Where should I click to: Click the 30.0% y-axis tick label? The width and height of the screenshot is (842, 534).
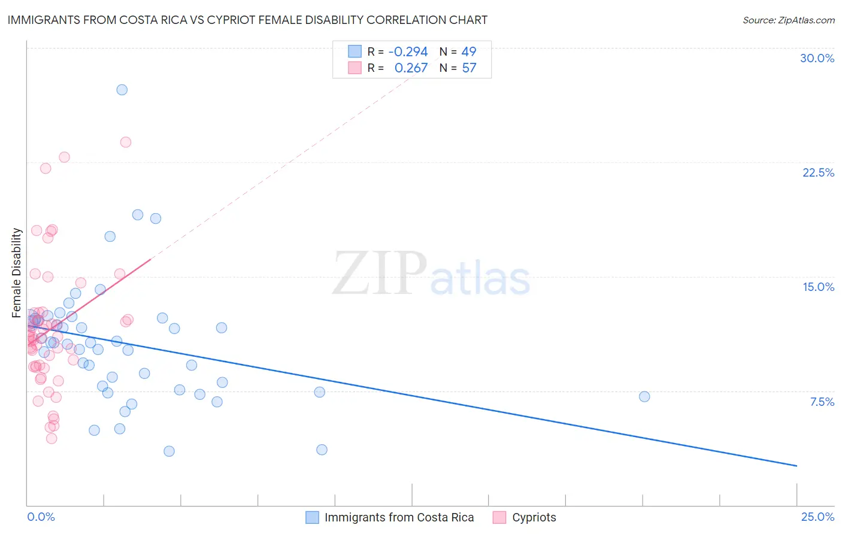pyautogui.click(x=817, y=58)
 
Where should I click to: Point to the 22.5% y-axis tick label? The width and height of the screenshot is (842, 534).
pyautogui.click(x=818, y=172)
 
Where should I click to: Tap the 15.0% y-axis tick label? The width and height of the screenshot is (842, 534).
pyautogui.click(x=818, y=287)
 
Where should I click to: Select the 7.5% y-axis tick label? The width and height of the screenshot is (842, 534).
pyautogui.click(x=822, y=402)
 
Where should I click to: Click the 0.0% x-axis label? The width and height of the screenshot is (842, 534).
pyautogui.click(x=41, y=517)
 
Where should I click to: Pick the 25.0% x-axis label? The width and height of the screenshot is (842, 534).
pyautogui.click(x=817, y=517)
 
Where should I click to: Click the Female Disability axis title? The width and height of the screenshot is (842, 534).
pyautogui.click(x=17, y=272)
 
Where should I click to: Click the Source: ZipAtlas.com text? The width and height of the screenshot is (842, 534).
pyautogui.click(x=788, y=20)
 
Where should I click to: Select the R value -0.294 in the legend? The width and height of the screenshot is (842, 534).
pyautogui.click(x=408, y=51)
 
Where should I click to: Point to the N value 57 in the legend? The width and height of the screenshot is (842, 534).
pyautogui.click(x=469, y=68)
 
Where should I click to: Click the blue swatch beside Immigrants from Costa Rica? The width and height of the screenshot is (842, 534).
pyautogui.click(x=312, y=517)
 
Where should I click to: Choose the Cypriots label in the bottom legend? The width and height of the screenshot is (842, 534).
pyautogui.click(x=534, y=517)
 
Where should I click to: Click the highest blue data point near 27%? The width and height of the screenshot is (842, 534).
pyautogui.click(x=122, y=90)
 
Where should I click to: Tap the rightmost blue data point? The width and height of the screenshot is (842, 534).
pyautogui.click(x=644, y=396)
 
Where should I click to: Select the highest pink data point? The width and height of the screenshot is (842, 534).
pyautogui.click(x=126, y=142)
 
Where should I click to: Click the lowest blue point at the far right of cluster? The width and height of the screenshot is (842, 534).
pyautogui.click(x=322, y=450)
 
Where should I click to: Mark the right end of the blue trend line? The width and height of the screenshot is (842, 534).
pyautogui.click(x=796, y=466)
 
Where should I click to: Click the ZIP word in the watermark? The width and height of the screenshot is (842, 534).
pyautogui.click(x=380, y=274)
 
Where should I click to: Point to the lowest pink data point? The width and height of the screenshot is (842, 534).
pyautogui.click(x=52, y=438)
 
